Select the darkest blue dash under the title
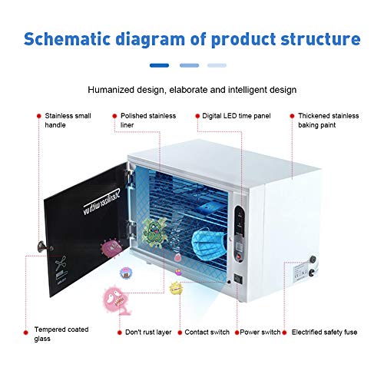pyautogui.click(x=159, y=66)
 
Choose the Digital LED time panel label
pyautogui.click(x=237, y=116)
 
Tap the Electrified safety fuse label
pyautogui.click(x=328, y=333)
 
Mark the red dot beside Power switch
pyautogui.click(x=238, y=333)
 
